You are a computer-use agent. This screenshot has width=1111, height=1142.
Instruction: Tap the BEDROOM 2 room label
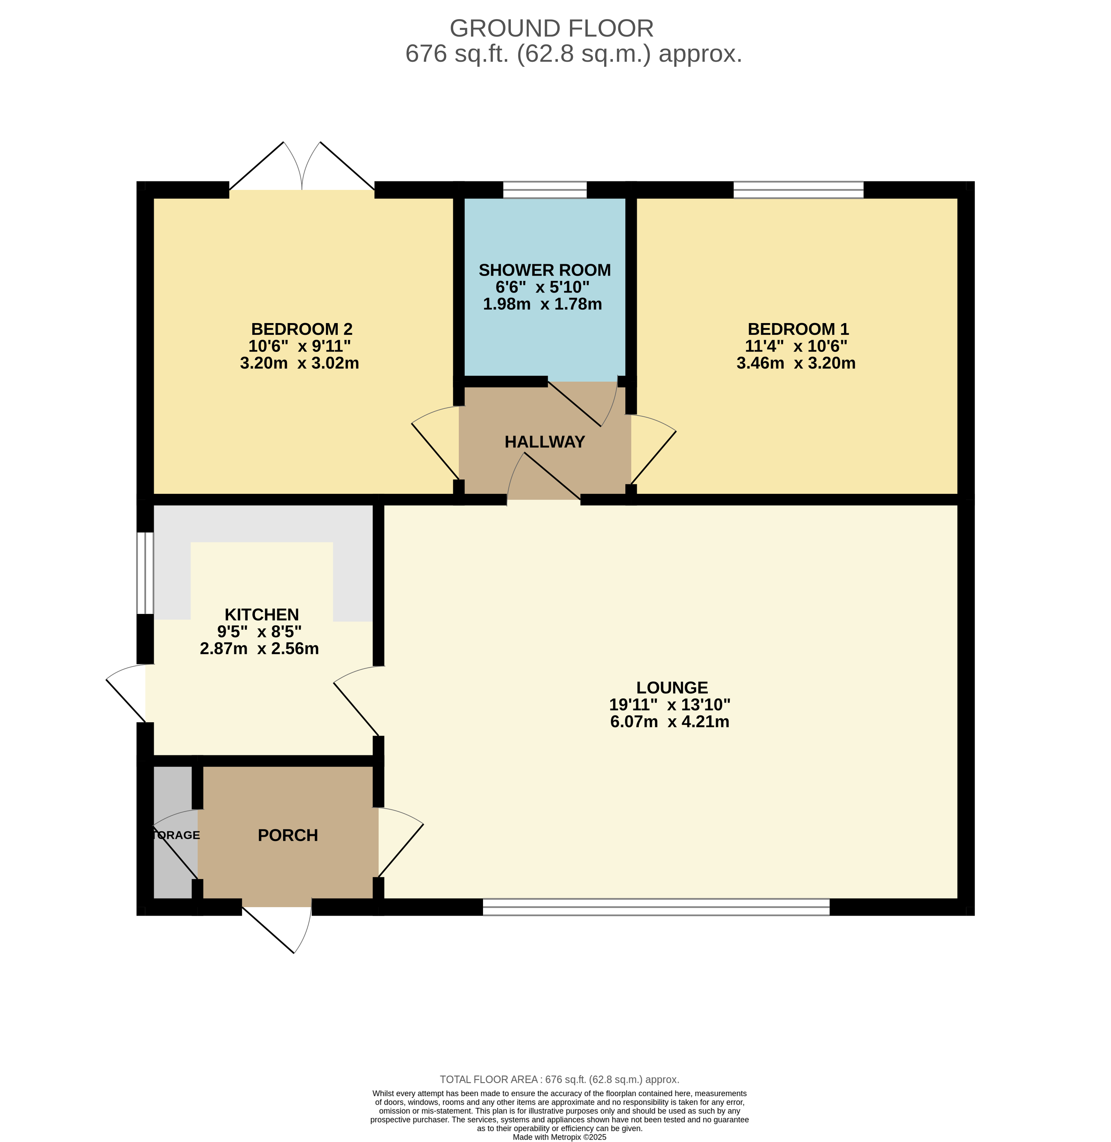tap(302, 329)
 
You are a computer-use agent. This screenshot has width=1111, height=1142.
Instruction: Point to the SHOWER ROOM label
tap(544, 270)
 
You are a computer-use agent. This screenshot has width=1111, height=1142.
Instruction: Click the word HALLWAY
tap(544, 442)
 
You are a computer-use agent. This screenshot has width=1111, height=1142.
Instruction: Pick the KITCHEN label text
tap(261, 615)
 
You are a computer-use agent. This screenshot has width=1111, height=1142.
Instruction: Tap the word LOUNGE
tap(672, 687)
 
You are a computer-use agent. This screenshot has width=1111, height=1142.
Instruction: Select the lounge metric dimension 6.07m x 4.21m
tap(669, 722)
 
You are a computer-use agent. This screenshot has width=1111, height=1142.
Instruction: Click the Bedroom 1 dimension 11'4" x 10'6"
tap(796, 346)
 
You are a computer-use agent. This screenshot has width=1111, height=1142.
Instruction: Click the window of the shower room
tap(544, 190)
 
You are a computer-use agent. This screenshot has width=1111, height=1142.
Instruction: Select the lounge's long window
tap(656, 906)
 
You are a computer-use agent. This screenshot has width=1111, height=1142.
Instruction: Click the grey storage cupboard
tap(173, 832)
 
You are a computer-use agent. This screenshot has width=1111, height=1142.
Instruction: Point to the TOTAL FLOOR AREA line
tap(560, 1080)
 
